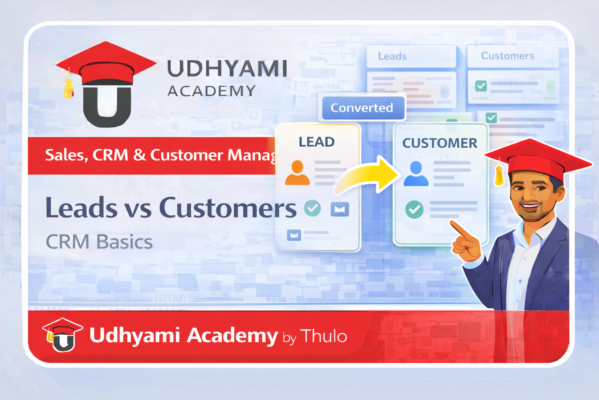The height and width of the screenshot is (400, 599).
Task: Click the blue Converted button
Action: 362,108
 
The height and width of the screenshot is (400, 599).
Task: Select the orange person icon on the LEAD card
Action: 297,173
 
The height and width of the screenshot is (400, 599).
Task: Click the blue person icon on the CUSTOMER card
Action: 416,174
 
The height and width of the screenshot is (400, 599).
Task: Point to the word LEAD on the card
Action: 316,142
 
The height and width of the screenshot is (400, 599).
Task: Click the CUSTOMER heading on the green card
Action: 440,143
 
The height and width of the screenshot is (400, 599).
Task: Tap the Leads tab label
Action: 392,56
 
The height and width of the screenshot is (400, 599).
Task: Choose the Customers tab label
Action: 507,56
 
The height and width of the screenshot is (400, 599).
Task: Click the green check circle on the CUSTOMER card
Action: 414,210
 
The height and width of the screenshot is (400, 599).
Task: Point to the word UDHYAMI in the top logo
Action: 227,69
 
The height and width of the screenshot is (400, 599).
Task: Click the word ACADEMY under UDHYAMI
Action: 211,91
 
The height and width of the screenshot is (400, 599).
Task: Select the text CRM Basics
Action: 99,242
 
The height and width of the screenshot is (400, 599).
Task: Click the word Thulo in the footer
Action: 324,336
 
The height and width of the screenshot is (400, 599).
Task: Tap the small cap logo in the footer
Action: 62,335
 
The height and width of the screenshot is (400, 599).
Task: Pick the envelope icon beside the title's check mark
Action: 340,209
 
